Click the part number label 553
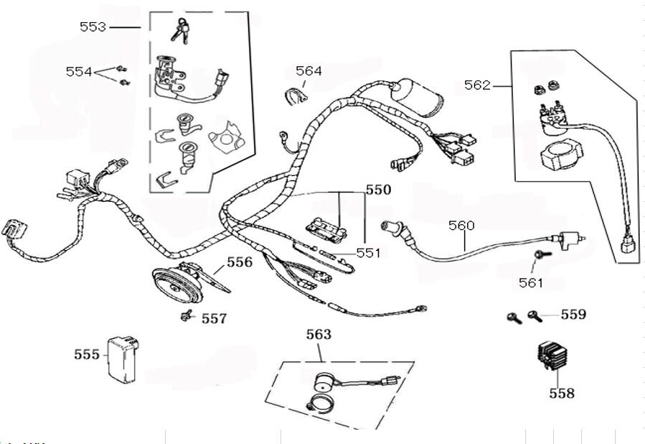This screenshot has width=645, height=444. pyautogui.click(x=93, y=27)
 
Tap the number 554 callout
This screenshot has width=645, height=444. pyautogui.click(x=79, y=71)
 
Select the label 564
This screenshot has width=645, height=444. pyautogui.click(x=309, y=70)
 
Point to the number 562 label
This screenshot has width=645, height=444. pyautogui.click(x=477, y=85)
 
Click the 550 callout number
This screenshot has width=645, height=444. pyautogui.click(x=378, y=190)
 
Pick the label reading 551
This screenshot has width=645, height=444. pyautogui.click(x=368, y=253)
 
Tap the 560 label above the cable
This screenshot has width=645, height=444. pyautogui.click(x=461, y=226)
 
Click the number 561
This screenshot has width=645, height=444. pyautogui.click(x=531, y=282)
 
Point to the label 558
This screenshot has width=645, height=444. pyautogui.click(x=562, y=393)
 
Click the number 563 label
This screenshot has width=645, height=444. pyautogui.click(x=319, y=334)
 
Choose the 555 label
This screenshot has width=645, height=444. pyautogui.click(x=87, y=354)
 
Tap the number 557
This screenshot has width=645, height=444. pyautogui.click(x=214, y=318)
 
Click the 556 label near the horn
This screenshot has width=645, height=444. pyautogui.click(x=240, y=262)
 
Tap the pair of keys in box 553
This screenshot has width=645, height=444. pyautogui.click(x=180, y=29)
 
